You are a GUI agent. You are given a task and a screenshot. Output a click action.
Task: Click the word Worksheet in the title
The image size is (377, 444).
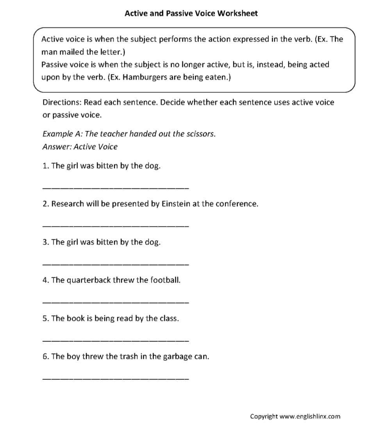(x=237, y=13)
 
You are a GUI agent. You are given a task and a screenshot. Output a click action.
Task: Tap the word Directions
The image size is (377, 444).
(x=62, y=103)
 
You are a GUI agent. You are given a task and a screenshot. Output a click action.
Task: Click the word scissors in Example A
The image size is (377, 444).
(x=200, y=134)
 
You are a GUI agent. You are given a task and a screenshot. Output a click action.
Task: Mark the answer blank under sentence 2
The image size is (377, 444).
(x=115, y=226)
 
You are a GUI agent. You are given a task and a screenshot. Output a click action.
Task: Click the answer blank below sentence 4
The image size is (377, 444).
(x=115, y=302)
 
